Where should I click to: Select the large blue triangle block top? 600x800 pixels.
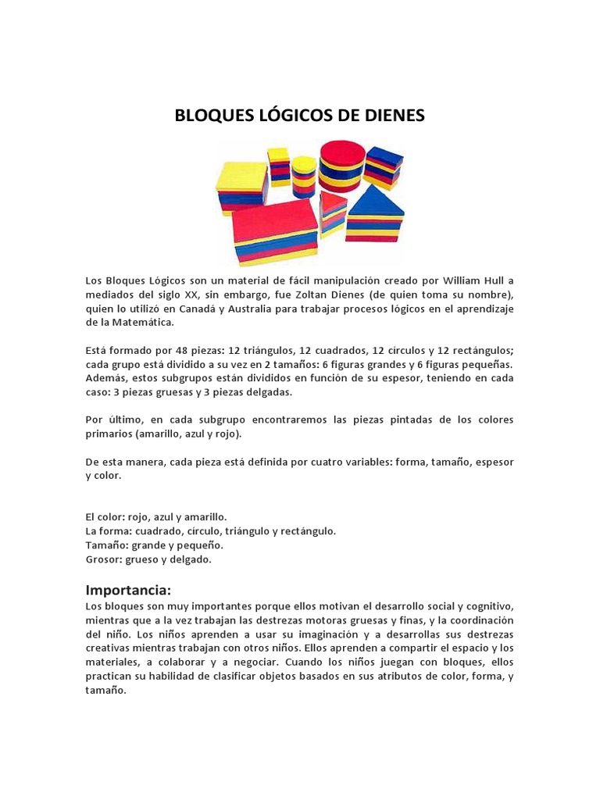[x=376, y=202]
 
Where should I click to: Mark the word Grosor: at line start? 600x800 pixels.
[x=106, y=559]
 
